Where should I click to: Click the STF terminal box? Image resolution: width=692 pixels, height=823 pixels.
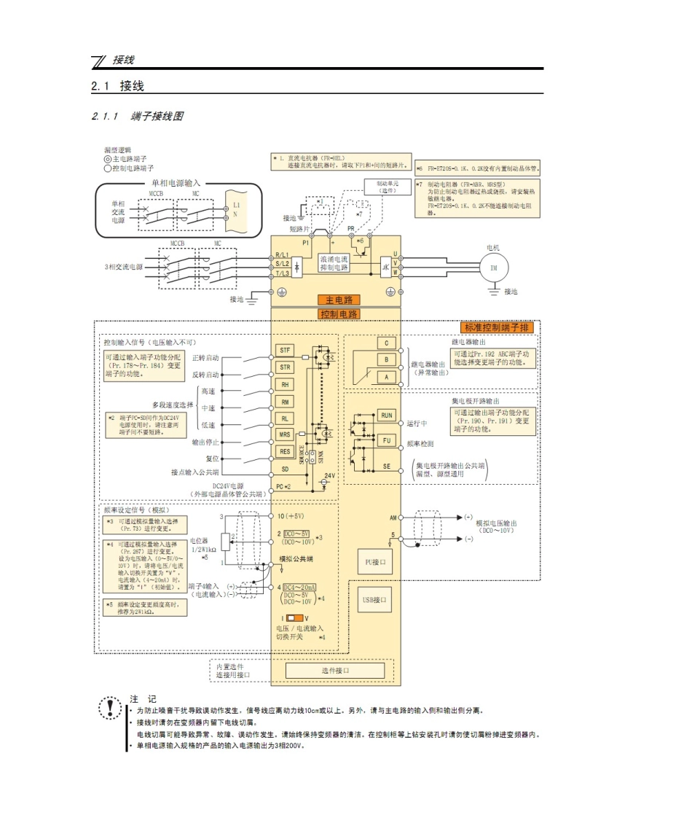tap(286, 350)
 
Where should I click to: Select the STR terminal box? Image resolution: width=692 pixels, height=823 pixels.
tap(286, 367)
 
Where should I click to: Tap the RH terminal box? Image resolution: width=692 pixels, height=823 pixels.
tap(286, 384)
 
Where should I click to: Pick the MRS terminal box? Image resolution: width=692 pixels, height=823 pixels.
tap(286, 434)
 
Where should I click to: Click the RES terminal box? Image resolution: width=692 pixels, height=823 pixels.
tap(286, 451)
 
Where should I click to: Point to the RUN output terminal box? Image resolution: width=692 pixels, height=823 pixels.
tap(386, 415)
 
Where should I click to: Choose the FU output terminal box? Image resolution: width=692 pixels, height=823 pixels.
tap(386, 440)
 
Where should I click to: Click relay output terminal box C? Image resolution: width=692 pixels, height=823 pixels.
tap(386, 343)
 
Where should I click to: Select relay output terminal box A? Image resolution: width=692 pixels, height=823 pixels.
tap(386, 377)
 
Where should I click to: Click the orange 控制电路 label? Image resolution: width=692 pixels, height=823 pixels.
tap(339, 314)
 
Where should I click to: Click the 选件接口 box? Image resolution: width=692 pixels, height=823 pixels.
tap(335, 670)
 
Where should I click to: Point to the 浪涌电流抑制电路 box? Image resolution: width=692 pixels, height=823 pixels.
tap(334, 263)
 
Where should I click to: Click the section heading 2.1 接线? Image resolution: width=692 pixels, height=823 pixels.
tap(118, 86)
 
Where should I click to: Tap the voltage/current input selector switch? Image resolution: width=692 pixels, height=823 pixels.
tap(294, 618)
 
